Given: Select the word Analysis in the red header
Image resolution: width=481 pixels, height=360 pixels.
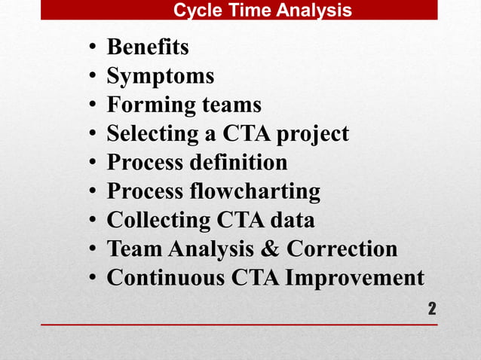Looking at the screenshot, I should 316,11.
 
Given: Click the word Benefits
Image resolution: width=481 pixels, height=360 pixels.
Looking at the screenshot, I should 148,47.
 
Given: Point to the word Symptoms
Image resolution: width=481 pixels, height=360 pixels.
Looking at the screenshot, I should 160,76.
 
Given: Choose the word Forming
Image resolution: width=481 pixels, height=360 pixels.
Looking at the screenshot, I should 151,105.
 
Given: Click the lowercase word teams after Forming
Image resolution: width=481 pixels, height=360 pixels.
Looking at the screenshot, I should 231,105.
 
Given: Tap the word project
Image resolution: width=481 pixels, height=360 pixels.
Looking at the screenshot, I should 313,134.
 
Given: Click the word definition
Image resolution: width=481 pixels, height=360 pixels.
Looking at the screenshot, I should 244,163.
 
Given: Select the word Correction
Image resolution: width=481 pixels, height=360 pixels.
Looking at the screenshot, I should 342,249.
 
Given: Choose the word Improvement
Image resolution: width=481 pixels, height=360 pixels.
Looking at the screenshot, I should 353,277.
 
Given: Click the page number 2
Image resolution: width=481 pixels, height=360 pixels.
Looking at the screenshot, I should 432,308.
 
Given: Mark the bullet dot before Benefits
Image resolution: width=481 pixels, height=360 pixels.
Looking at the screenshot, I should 91,49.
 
